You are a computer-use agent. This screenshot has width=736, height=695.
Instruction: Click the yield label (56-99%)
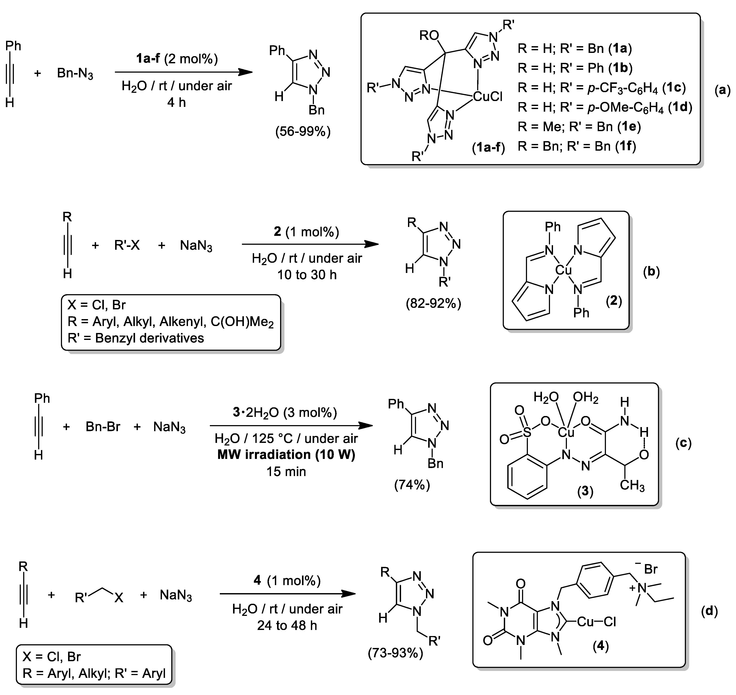click(303, 132)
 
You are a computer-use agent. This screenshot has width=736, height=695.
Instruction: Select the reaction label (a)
click(722, 90)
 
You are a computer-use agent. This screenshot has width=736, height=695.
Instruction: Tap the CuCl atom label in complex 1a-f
click(488, 97)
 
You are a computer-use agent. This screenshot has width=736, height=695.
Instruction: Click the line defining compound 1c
click(602, 88)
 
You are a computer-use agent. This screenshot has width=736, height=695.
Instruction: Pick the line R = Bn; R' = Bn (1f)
click(577, 146)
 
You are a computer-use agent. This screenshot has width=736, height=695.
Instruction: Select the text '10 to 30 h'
click(307, 275)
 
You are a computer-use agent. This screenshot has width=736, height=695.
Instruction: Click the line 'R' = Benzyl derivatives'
click(135, 338)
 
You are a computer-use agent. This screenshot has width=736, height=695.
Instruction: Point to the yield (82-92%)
click(433, 304)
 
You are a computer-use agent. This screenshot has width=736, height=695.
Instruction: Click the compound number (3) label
click(585, 491)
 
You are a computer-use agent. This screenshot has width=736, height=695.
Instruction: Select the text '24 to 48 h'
click(287, 625)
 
